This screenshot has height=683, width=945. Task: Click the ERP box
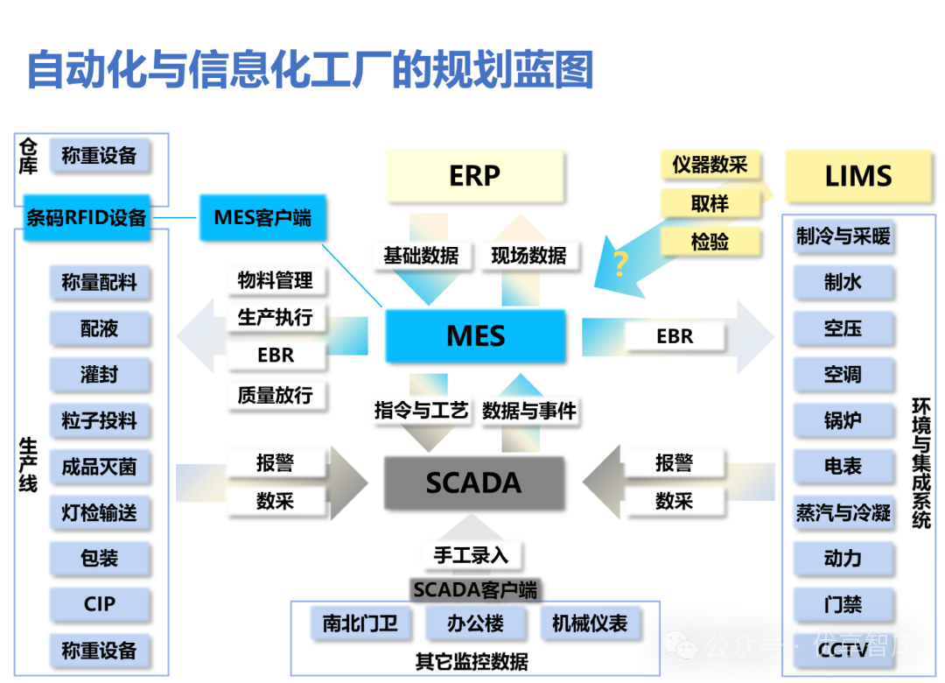tap(474, 176)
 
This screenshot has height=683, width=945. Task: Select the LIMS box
tap(857, 176)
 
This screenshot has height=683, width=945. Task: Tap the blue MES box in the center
tap(475, 336)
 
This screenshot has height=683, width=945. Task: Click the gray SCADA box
tap(473, 482)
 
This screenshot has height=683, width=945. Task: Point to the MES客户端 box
tap(262, 217)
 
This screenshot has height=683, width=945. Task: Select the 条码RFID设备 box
tap(87, 217)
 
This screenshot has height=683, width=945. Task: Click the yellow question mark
tap(620, 264)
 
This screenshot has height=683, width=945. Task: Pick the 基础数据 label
tap(420, 256)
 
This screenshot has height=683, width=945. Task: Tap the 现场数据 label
tap(528, 256)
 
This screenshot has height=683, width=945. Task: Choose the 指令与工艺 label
tap(421, 410)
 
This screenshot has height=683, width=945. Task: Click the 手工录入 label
tap(471, 554)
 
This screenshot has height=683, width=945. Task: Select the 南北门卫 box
tap(360, 623)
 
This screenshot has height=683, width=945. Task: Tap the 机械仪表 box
tap(589, 623)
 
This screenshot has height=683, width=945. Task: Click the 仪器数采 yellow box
tap(709, 165)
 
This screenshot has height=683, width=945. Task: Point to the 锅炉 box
tap(843, 420)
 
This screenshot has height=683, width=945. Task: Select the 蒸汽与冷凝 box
tap(843, 512)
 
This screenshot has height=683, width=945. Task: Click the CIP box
tap(100, 604)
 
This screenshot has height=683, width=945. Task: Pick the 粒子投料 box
tap(100, 421)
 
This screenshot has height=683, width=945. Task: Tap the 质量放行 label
tap(275, 395)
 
